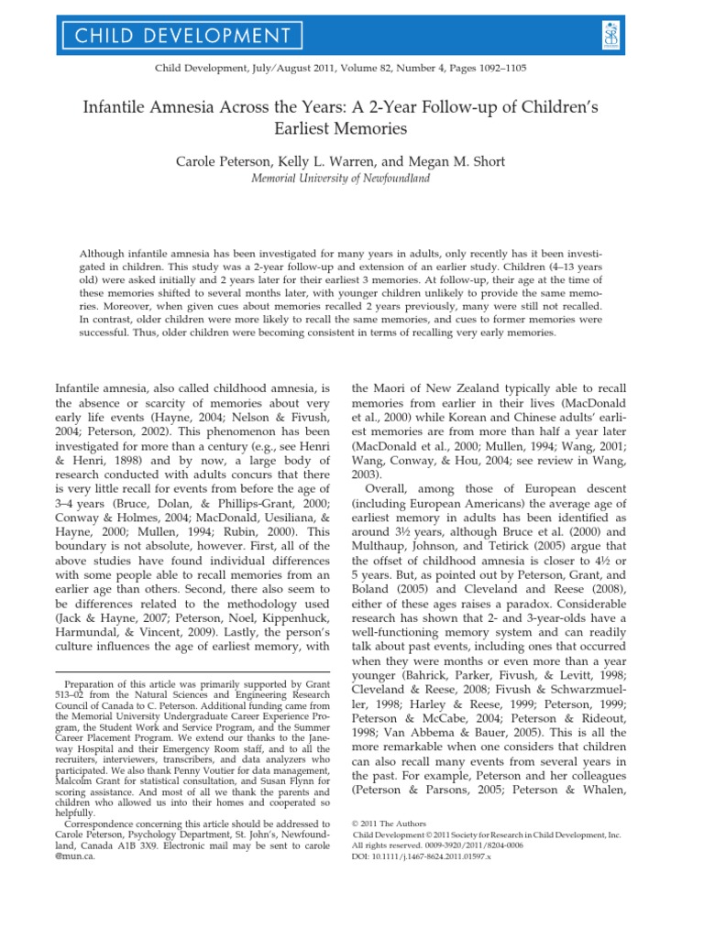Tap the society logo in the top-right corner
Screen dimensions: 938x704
[x=658, y=35]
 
